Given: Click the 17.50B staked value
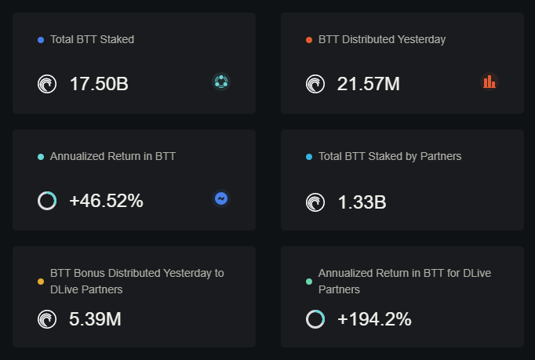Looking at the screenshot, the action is coord(99,84).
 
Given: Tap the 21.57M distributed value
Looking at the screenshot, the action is coord(368,84).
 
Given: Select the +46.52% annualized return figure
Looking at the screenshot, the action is coord(106,201).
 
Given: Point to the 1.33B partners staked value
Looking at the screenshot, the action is coord(362,202).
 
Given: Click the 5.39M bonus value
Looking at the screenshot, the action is coord(95,319).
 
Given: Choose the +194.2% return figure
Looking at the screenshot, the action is coord(374,319).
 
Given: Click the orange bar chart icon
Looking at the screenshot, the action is coord(490,82).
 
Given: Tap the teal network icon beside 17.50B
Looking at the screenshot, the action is coord(221,82).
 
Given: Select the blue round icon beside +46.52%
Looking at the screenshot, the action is coord(221,198).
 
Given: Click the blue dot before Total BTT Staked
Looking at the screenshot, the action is coord(41,40).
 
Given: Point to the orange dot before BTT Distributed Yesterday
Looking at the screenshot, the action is coord(309,40).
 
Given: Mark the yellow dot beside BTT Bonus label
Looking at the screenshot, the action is coord(41,282).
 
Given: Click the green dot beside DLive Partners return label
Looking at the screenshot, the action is coord(309,282).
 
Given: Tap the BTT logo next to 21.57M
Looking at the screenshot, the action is coord(315,84).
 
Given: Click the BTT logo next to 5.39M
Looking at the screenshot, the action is coord(47,319).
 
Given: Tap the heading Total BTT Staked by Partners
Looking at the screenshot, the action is coord(390,156).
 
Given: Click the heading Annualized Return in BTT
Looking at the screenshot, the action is coord(113,156).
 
